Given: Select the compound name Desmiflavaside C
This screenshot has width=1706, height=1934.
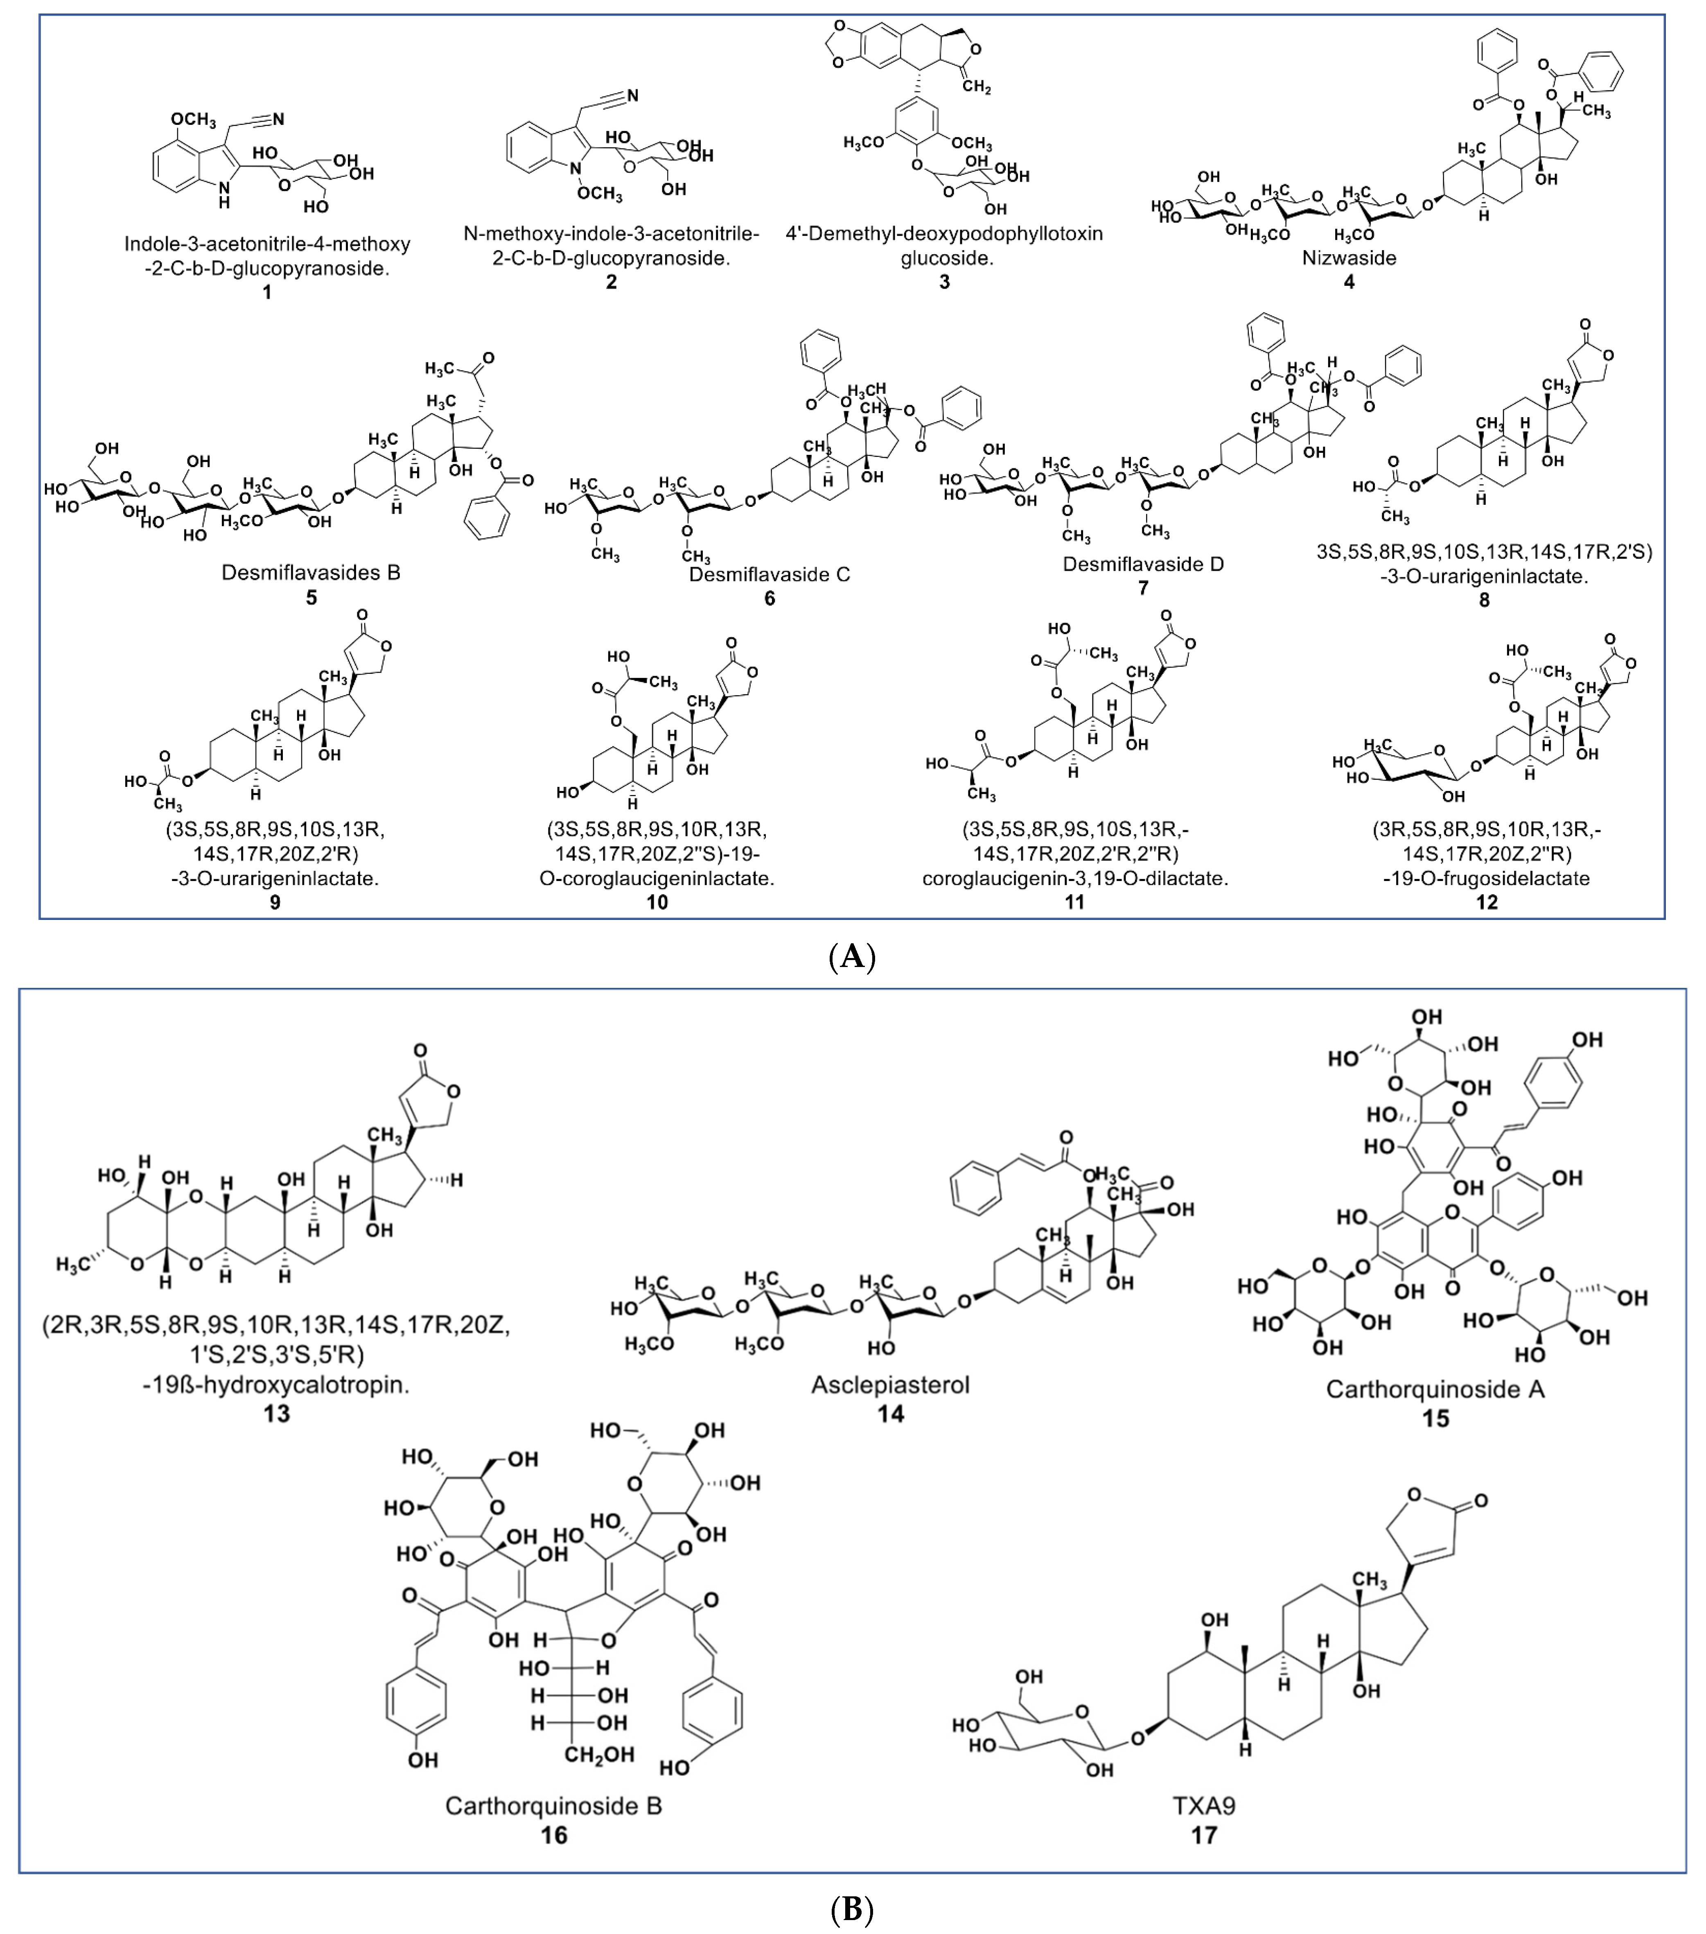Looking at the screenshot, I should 769,574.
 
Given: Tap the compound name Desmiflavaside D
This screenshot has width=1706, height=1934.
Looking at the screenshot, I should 1143,564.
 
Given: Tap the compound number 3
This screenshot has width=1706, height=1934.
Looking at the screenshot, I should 943,282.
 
